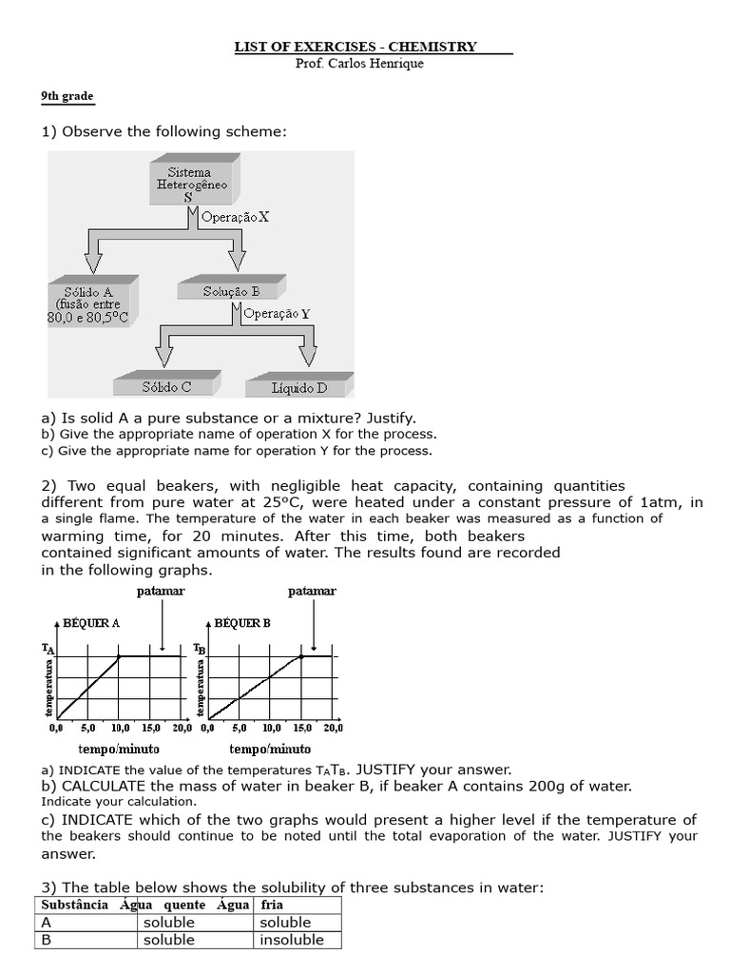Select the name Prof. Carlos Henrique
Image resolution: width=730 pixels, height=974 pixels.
coord(360,64)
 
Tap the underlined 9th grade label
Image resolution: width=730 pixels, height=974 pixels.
coord(67,97)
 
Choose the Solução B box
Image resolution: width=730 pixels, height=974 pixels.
coord(230,292)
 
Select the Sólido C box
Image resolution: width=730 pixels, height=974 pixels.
coord(166,387)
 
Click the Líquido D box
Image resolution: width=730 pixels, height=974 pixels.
coord(299,387)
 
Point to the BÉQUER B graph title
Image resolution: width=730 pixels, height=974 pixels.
coord(242,623)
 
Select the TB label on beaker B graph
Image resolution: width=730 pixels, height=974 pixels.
coord(199,649)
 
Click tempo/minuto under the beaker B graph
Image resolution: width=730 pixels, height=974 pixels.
coord(262,750)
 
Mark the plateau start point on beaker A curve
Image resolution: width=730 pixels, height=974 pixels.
coord(119,656)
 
